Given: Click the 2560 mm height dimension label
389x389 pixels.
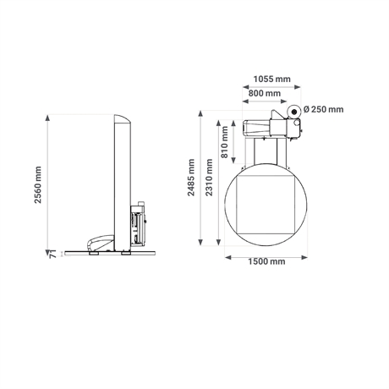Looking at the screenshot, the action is click(x=38, y=185).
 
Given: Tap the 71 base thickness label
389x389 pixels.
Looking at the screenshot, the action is click(x=52, y=254).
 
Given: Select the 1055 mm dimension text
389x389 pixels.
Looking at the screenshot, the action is click(x=271, y=79).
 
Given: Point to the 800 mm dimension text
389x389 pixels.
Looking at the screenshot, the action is click(x=265, y=93).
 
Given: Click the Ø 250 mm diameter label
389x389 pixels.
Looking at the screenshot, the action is click(x=324, y=109).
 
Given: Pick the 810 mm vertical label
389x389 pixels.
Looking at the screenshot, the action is click(x=224, y=142).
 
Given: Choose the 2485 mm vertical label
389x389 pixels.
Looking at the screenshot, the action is click(x=191, y=178).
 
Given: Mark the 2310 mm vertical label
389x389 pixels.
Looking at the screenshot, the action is click(x=209, y=178).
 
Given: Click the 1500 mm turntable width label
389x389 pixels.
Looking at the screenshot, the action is click(x=266, y=261).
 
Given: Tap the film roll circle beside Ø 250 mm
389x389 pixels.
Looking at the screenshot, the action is click(x=294, y=112).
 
